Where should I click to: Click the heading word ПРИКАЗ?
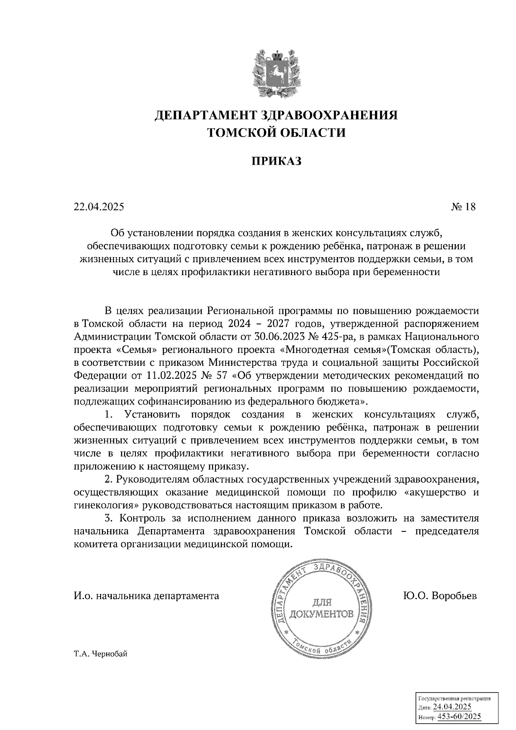pyautogui.click(x=276, y=161)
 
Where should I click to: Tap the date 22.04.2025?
pyautogui.click(x=98, y=207)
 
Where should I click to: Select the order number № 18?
pyautogui.click(x=464, y=207)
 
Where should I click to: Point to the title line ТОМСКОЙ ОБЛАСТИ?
pyautogui.click(x=276, y=132)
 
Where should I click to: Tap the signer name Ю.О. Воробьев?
pyautogui.click(x=439, y=596)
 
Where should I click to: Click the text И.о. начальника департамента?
pyautogui.click(x=146, y=596)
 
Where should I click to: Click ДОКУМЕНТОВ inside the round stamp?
pyautogui.click(x=322, y=613)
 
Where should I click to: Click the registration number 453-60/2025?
pyautogui.click(x=459, y=717)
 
